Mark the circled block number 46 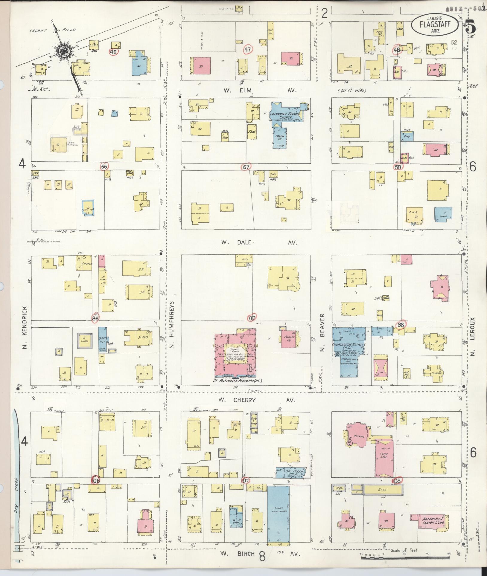pyautogui.click(x=113, y=52)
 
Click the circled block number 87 pyautogui.click(x=252, y=318)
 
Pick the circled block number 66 pyautogui.click(x=104, y=167)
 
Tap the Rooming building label pyautogui.click(x=359, y=436)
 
